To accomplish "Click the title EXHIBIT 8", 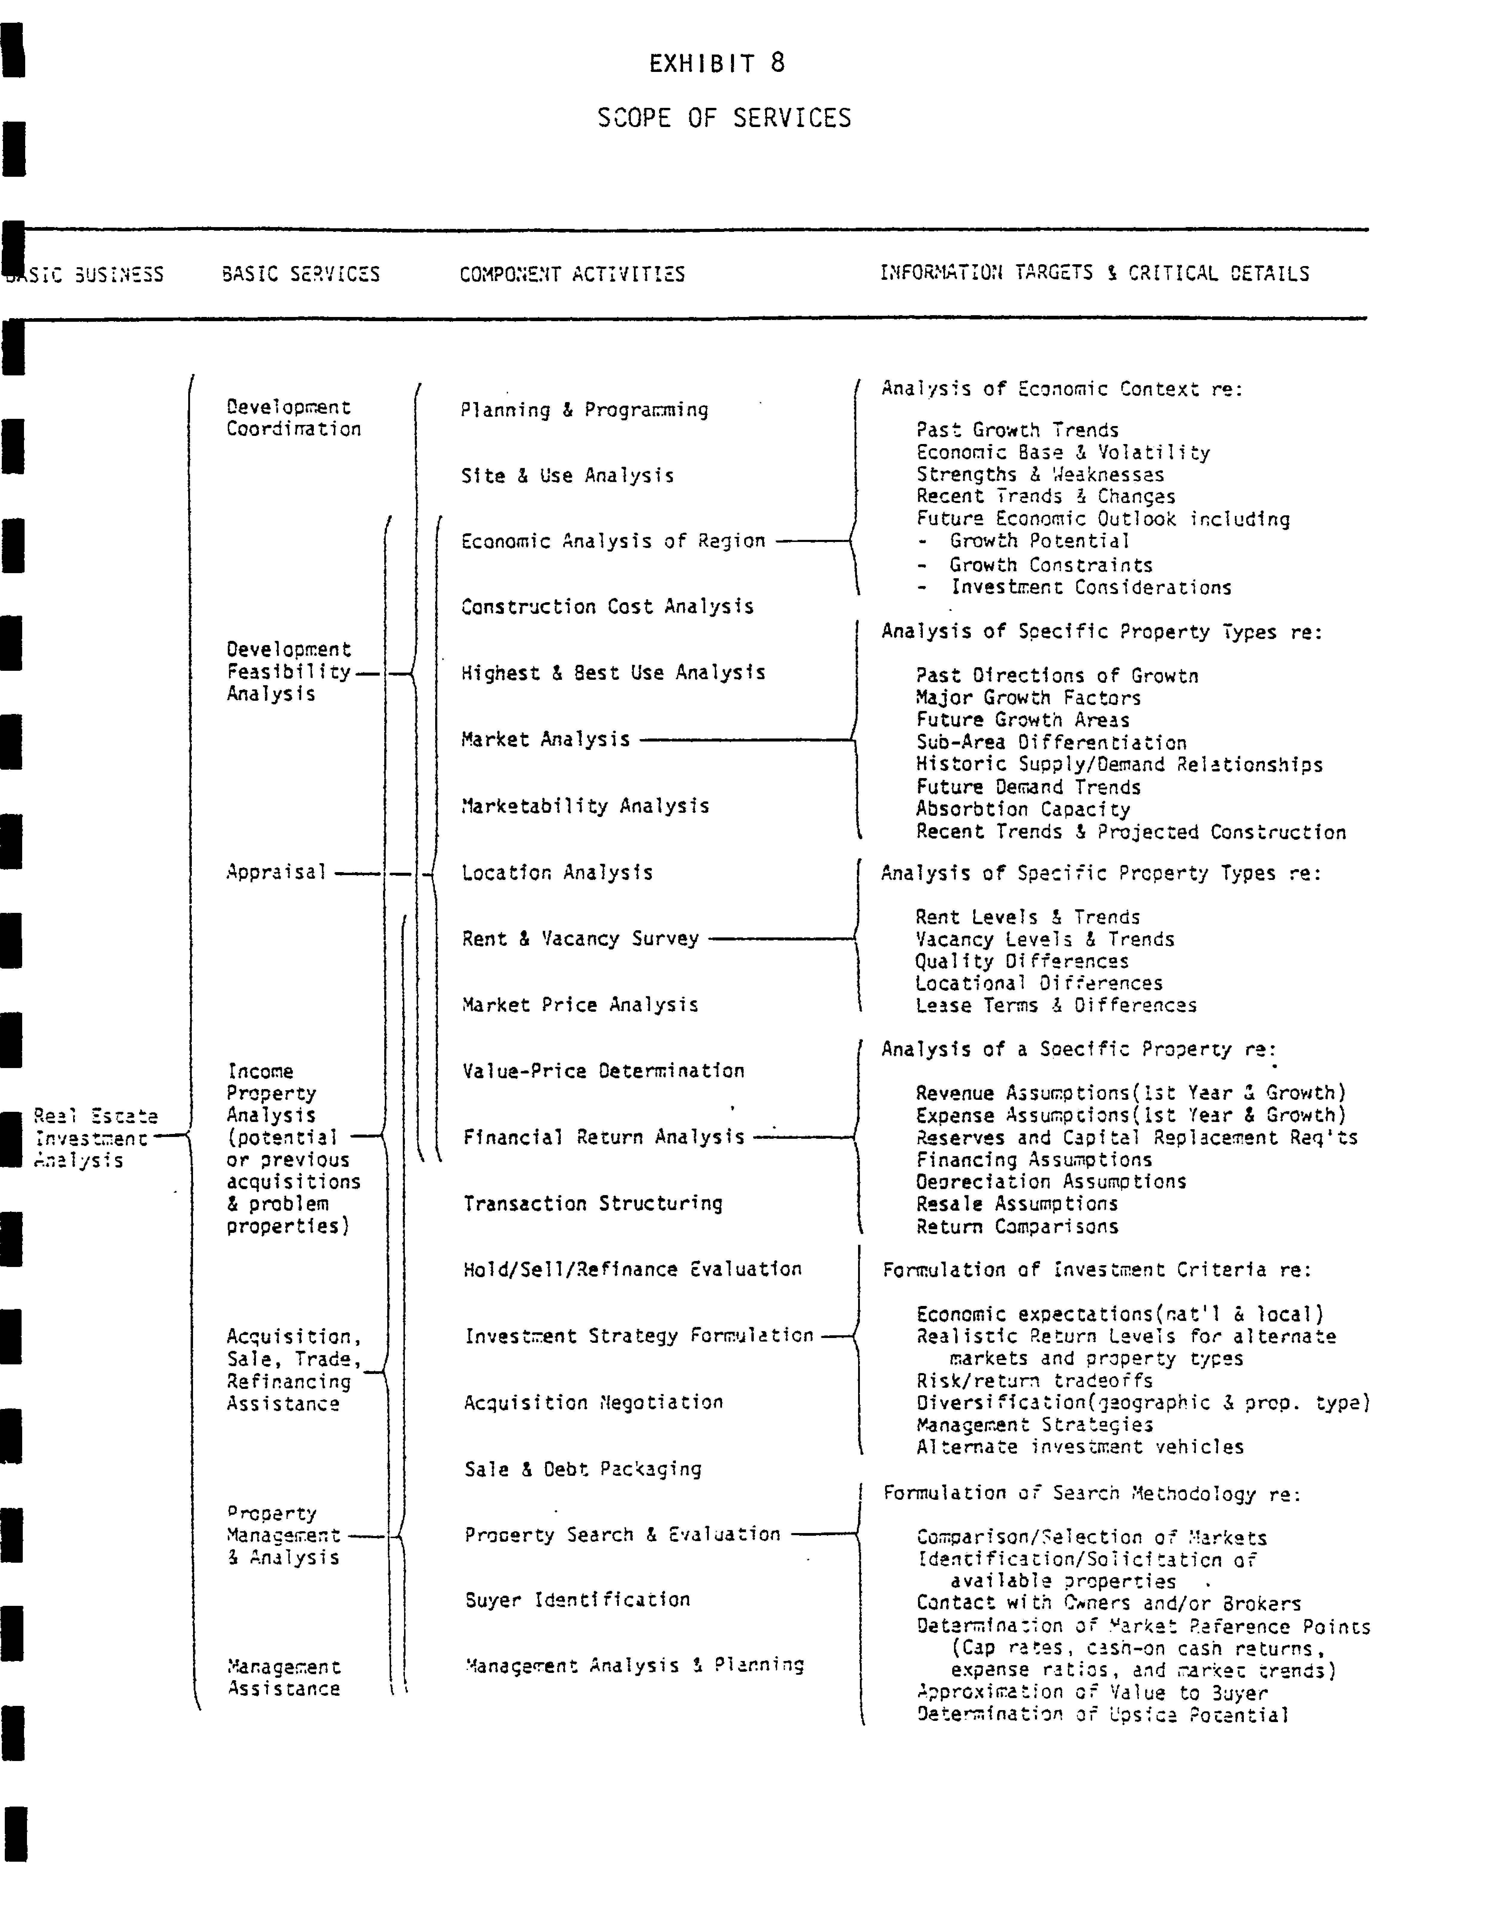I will coord(716,64).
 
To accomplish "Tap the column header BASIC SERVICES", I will coord(301,274).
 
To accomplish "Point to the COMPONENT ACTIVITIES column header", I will coord(572,274).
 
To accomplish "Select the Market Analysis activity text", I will coord(545,739).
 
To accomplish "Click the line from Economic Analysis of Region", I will coord(812,541).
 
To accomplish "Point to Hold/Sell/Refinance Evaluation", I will coord(632,1269).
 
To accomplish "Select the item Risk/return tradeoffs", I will coord(1034,1380).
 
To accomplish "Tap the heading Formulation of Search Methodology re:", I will coord(1092,1493).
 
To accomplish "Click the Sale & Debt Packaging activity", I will coord(583,1469).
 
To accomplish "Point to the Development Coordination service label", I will coord(293,418).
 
